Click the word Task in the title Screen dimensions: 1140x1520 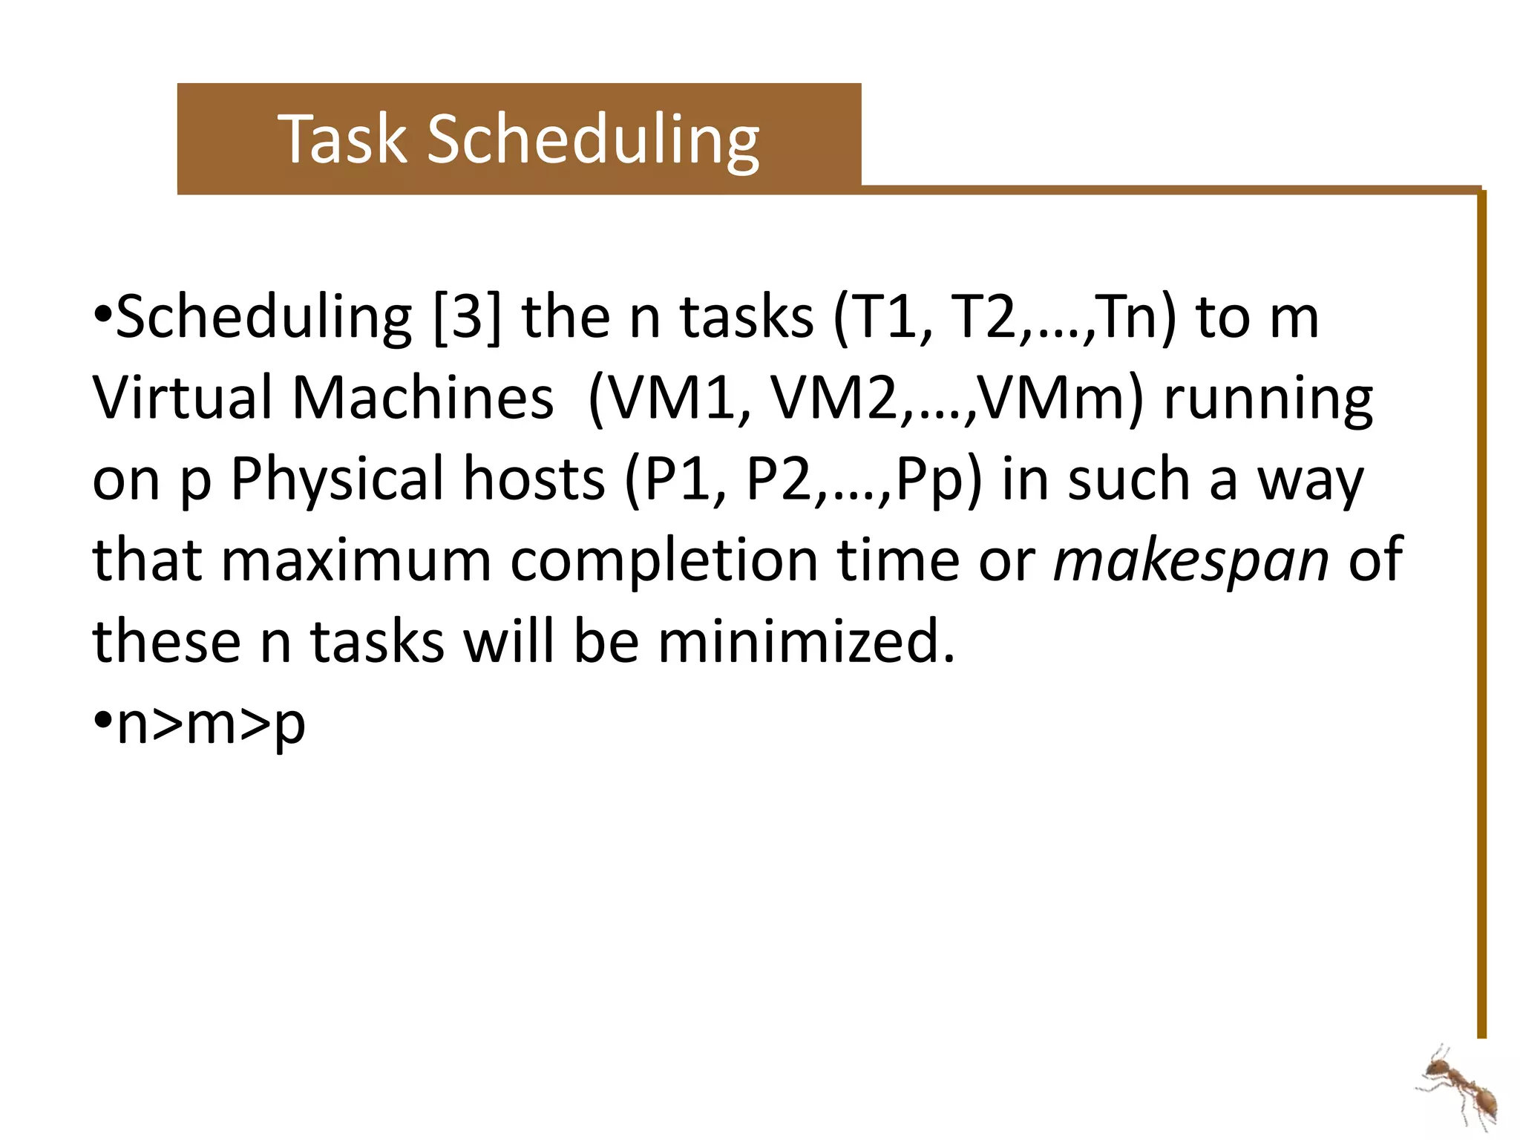pyautogui.click(x=344, y=139)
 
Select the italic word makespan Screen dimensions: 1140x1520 pyautogui.click(x=1192, y=560)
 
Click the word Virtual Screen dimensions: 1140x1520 pyautogui.click(x=183, y=398)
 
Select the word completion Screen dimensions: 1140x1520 pyautogui.click(x=664, y=560)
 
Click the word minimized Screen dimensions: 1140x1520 pyautogui.click(x=806, y=641)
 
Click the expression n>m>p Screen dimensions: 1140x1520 pyautogui.click(x=212, y=724)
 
